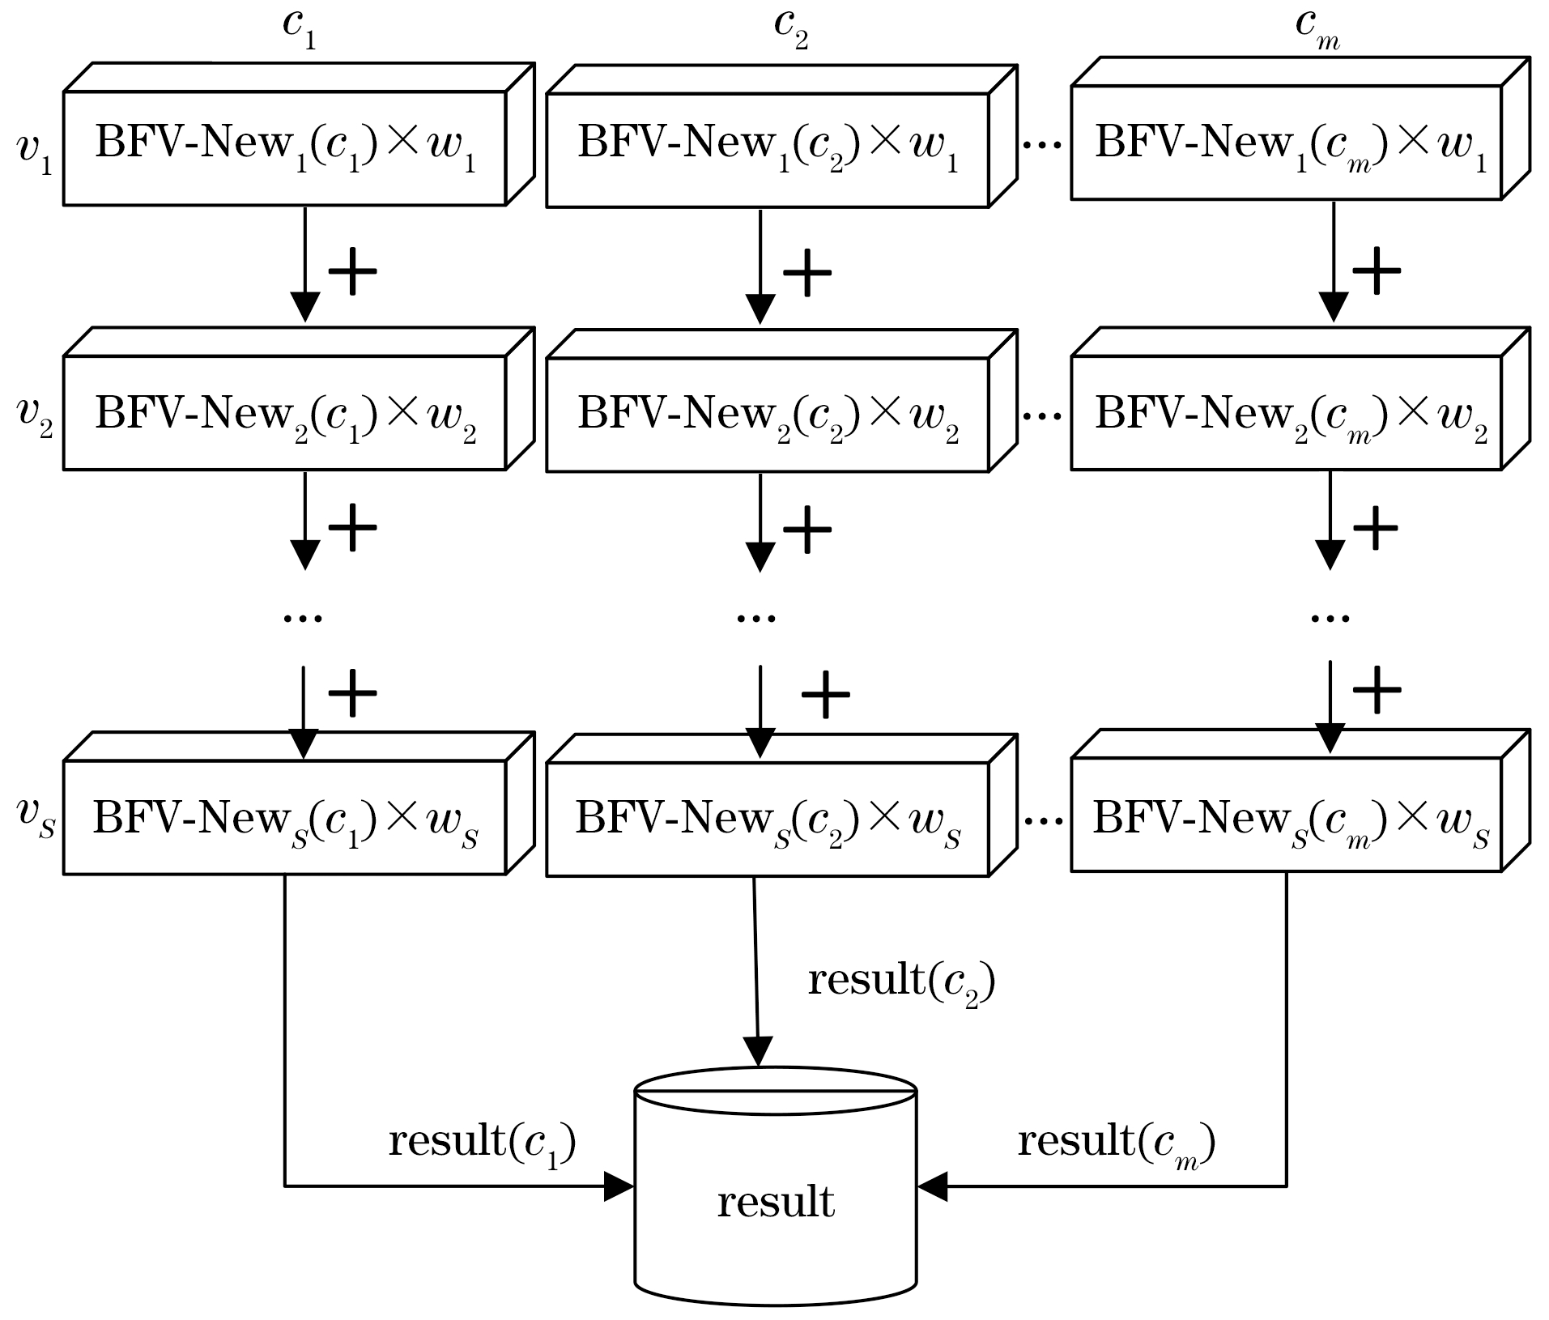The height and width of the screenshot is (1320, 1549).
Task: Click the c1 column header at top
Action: (299, 28)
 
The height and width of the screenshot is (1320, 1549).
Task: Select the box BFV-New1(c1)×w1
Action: (285, 148)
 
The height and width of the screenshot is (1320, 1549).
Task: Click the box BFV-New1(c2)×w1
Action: (768, 151)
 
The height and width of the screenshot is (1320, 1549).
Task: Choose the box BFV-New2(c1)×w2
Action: (285, 413)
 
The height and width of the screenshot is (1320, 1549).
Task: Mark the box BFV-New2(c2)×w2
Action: (768, 415)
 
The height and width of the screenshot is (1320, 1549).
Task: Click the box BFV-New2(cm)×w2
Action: (1287, 412)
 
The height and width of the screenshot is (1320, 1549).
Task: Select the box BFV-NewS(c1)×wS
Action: (285, 818)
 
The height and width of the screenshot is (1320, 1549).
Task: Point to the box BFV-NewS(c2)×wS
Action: (768, 820)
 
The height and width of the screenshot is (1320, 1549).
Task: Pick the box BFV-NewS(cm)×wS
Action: (1287, 815)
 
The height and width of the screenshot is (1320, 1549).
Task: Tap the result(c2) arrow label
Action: (901, 982)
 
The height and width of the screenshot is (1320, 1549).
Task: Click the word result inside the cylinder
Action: (776, 1202)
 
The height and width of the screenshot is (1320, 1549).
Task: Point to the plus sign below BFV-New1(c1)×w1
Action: (352, 270)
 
